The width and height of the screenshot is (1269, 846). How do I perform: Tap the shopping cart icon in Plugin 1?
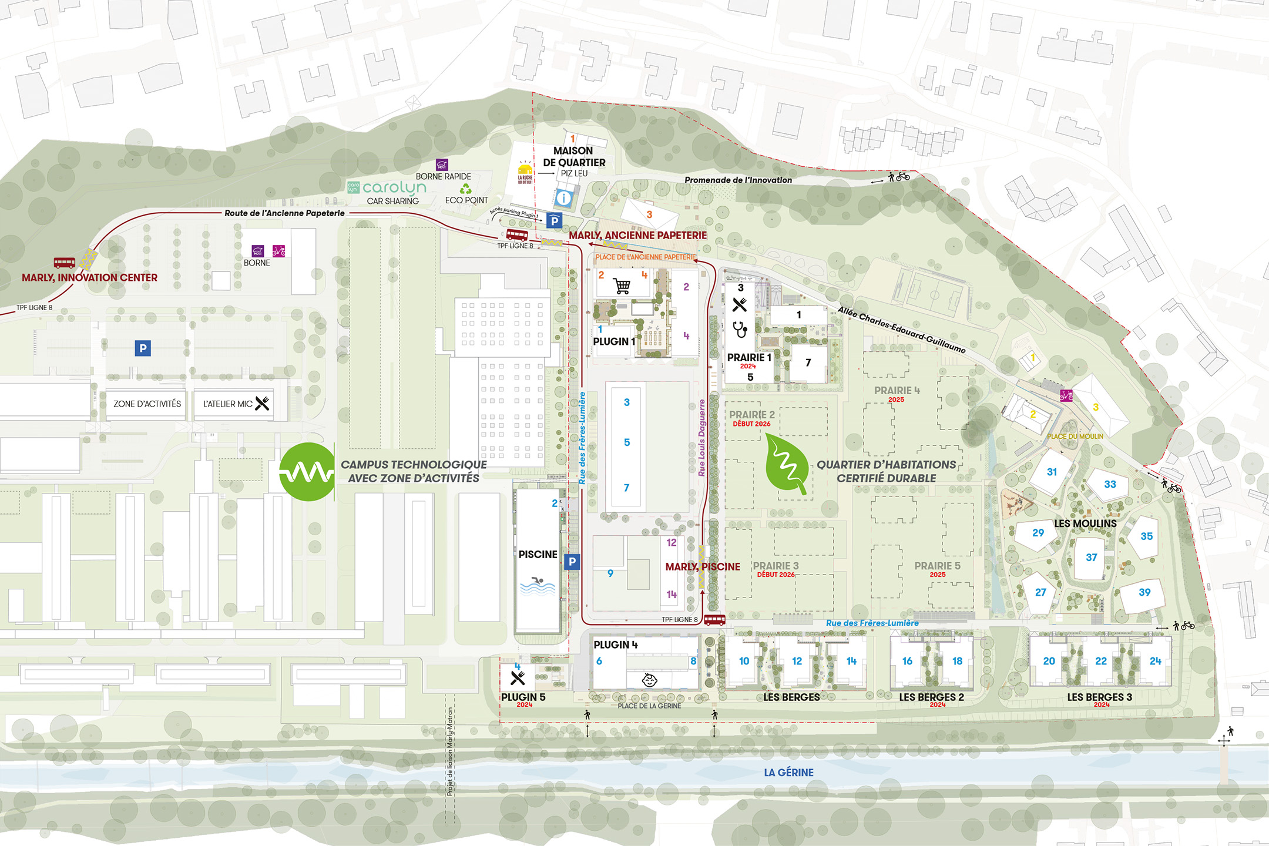click(x=622, y=286)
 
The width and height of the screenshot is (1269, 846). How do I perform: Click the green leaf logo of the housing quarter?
click(x=787, y=464)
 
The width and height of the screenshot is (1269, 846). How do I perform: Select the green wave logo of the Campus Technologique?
click(x=307, y=472)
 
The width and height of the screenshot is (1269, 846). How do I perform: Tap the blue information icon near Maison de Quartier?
click(x=563, y=198)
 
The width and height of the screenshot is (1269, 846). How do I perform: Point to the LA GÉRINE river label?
click(x=788, y=773)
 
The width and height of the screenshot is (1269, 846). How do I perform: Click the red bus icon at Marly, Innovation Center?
click(x=65, y=263)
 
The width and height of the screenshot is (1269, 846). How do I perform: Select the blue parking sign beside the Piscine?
click(x=572, y=562)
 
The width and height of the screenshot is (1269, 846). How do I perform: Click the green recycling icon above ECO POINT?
click(x=466, y=189)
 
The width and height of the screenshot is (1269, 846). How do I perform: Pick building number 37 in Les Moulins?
click(x=1091, y=558)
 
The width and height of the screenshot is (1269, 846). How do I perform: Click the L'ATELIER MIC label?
click(x=228, y=404)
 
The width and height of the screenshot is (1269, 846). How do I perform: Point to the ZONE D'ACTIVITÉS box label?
click(x=147, y=404)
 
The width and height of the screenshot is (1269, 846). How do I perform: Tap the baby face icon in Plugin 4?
click(x=649, y=680)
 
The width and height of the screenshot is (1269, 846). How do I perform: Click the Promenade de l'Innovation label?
click(x=738, y=180)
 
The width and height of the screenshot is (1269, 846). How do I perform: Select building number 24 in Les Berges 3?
click(x=1155, y=661)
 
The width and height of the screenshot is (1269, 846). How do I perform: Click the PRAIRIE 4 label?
click(x=897, y=391)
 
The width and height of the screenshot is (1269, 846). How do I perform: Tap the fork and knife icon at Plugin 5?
click(x=518, y=679)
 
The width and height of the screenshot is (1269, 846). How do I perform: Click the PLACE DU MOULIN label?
click(x=1075, y=437)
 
